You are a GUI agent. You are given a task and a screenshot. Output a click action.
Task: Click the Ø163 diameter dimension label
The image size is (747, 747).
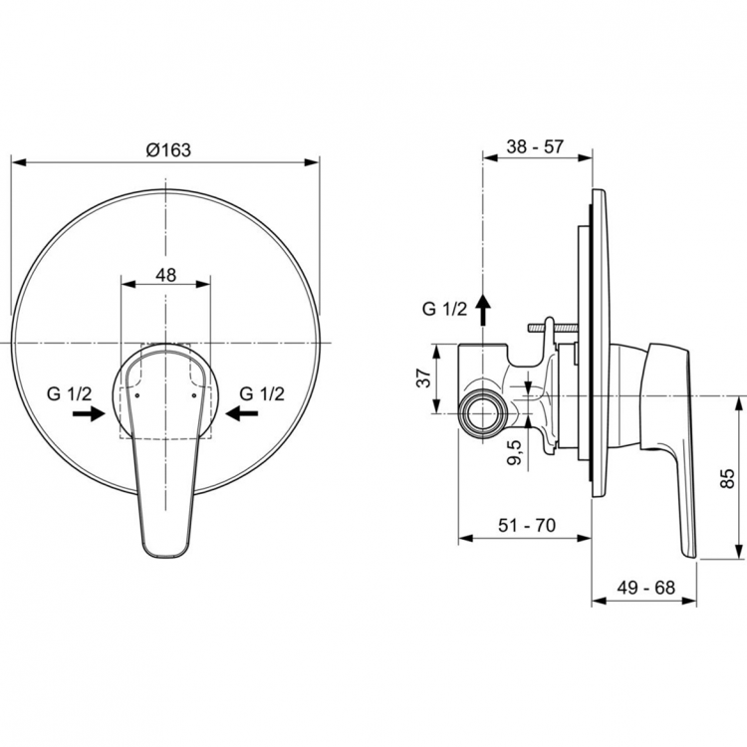tap(167, 148)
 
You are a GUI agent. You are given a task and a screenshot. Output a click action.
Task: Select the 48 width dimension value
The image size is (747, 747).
tap(165, 275)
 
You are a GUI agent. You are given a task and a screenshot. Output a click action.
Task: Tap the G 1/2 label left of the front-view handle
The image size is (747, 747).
tap(69, 392)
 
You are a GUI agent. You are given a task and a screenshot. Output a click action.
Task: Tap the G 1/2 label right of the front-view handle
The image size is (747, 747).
tap(263, 392)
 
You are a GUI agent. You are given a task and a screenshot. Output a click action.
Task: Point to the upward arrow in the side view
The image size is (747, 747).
tap(483, 310)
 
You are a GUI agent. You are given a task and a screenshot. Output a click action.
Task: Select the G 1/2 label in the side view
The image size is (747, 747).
tap(444, 310)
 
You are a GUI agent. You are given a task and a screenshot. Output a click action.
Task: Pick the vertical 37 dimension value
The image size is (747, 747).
tap(422, 378)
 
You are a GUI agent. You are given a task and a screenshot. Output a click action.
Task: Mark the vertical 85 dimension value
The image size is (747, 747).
tap(726, 481)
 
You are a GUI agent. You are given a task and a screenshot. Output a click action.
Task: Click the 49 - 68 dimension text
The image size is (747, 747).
tap(645, 588)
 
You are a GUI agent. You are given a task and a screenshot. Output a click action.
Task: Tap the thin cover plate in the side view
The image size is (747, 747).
tap(595, 339)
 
